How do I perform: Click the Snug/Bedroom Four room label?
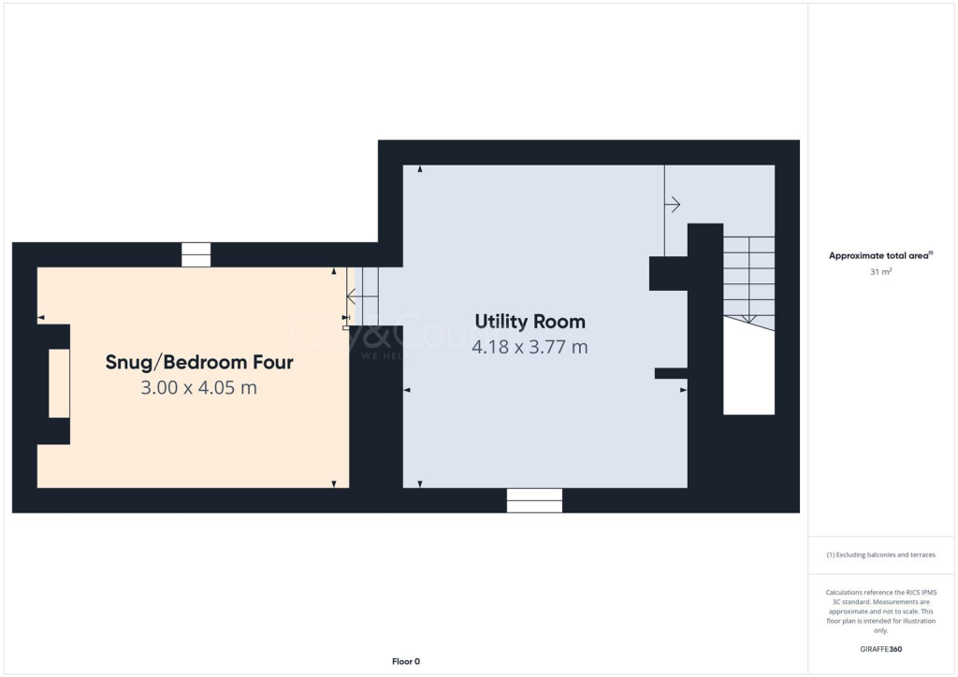click(199, 362)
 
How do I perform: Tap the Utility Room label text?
click(530, 322)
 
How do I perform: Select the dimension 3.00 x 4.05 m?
click(198, 387)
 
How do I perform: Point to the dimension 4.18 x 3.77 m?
click(530, 347)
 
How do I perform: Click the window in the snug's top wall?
click(196, 254)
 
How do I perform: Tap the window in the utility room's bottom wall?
click(534, 500)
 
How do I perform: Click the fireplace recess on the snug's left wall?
click(59, 383)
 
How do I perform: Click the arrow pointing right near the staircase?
click(673, 205)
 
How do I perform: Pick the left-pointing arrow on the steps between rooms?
click(354, 297)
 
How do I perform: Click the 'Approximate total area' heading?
click(879, 255)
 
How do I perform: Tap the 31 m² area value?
click(879, 272)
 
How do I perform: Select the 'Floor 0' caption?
click(405, 661)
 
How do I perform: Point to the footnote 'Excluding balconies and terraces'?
click(880, 555)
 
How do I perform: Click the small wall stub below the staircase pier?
click(671, 373)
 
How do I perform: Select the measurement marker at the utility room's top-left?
click(420, 169)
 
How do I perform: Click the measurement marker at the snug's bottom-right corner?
click(334, 483)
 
